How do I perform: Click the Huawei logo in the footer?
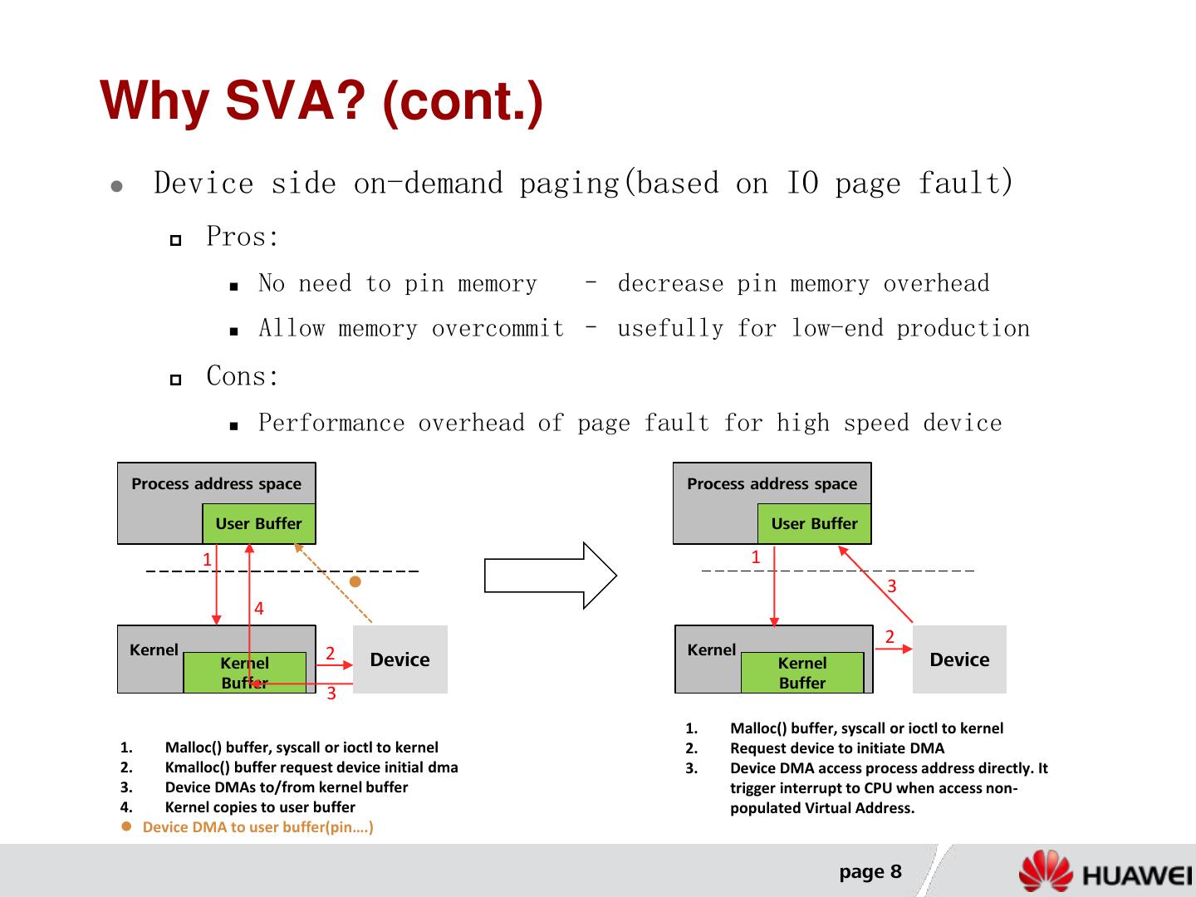[1105, 873]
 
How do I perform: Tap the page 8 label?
[870, 871]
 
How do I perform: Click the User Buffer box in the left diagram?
[258, 523]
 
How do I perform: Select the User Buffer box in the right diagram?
[814, 523]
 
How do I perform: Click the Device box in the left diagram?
[399, 659]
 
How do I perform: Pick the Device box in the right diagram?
[959, 659]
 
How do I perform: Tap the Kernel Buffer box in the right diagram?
[801, 673]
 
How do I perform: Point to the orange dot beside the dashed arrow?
[355, 582]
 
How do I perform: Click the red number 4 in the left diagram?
[259, 609]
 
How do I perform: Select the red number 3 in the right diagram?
[892, 586]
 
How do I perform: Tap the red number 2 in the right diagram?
[890, 637]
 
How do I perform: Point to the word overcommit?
[498, 329]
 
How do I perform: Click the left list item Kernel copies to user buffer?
[260, 807]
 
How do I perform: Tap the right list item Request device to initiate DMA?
[836, 747]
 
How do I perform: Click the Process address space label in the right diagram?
[772, 483]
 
